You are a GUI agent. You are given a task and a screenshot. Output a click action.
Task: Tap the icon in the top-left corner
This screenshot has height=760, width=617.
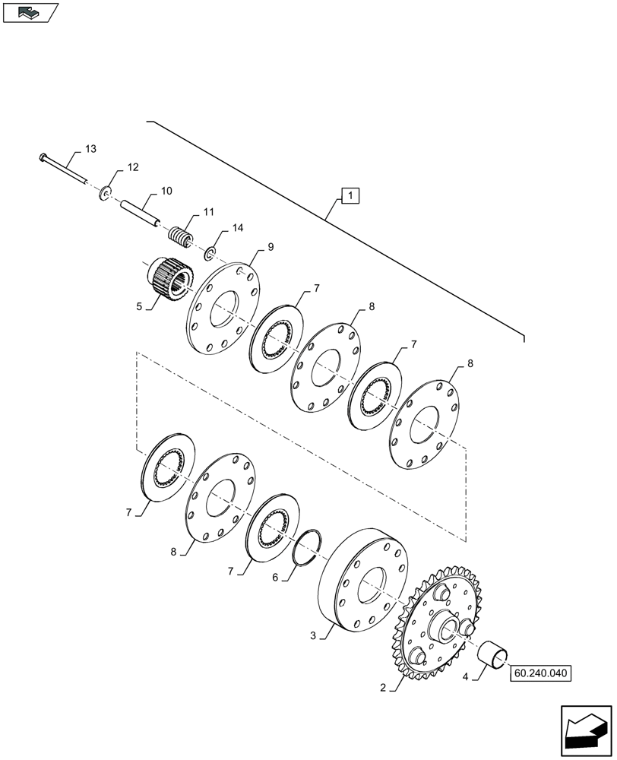30,12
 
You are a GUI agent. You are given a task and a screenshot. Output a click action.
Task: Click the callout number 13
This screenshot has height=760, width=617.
90,148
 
